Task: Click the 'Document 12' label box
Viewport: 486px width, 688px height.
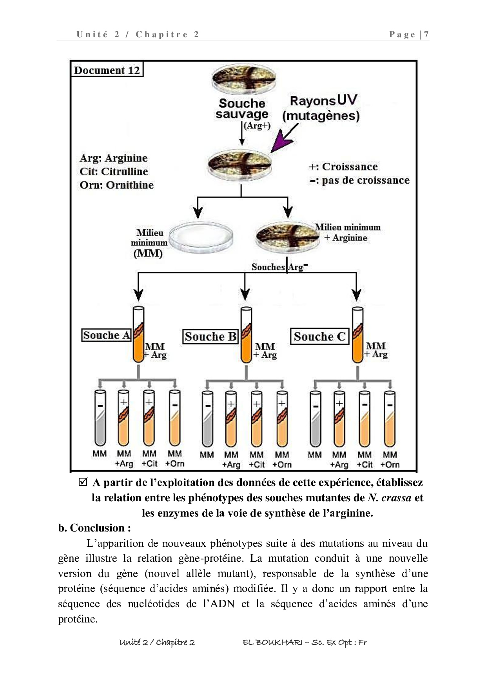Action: [x=107, y=70]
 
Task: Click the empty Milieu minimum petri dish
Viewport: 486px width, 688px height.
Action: [x=201, y=236]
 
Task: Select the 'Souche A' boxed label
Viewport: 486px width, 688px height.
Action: [x=107, y=335]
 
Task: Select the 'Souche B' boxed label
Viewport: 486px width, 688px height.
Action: [x=210, y=337]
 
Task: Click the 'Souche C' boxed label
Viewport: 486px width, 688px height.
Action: [x=319, y=337]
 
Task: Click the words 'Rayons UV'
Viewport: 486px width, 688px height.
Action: [x=323, y=100]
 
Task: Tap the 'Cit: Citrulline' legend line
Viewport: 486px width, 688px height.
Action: [x=114, y=171]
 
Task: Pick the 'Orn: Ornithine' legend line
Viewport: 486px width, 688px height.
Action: [x=116, y=185]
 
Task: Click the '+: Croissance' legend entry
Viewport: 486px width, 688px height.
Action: [x=343, y=167]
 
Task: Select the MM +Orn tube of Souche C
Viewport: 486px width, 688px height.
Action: [x=390, y=419]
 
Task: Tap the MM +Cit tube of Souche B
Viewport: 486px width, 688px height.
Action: [x=256, y=419]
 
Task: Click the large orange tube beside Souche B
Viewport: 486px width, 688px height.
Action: [x=246, y=335]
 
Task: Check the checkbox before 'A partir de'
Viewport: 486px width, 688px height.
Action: [x=83, y=482]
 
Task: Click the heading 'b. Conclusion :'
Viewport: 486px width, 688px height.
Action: [x=94, y=528]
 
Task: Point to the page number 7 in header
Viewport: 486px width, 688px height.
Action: [x=426, y=35]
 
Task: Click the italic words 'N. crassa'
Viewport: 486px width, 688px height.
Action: [x=390, y=498]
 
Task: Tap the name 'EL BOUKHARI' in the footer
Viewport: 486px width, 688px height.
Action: [x=272, y=642]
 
